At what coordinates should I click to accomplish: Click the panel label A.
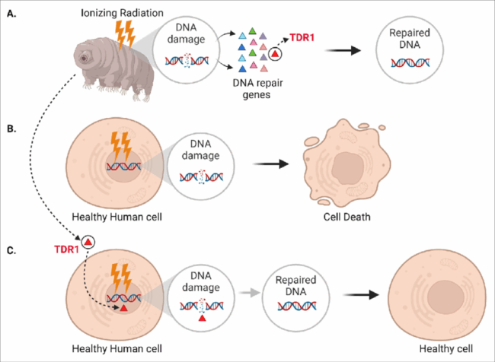coord(11,9)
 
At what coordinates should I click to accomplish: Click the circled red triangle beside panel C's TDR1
coord(89,241)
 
